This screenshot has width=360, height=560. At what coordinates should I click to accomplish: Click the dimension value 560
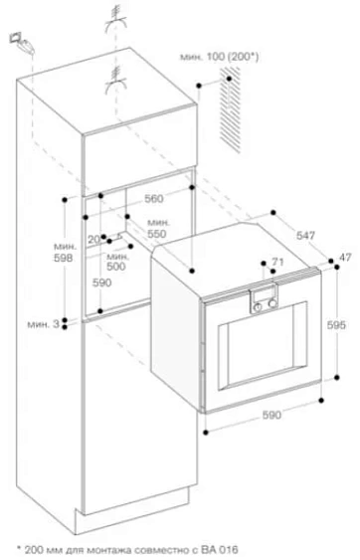pyautogui.click(x=152, y=198)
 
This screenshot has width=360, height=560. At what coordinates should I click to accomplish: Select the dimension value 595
pyautogui.click(x=336, y=324)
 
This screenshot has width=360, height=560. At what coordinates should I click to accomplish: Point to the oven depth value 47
pyautogui.click(x=345, y=259)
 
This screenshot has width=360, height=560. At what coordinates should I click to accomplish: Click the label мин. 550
pyautogui.click(x=156, y=227)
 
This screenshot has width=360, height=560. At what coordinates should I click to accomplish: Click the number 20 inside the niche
pyautogui.click(x=92, y=240)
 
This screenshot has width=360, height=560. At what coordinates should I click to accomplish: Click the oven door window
pyautogui.click(x=261, y=356)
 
